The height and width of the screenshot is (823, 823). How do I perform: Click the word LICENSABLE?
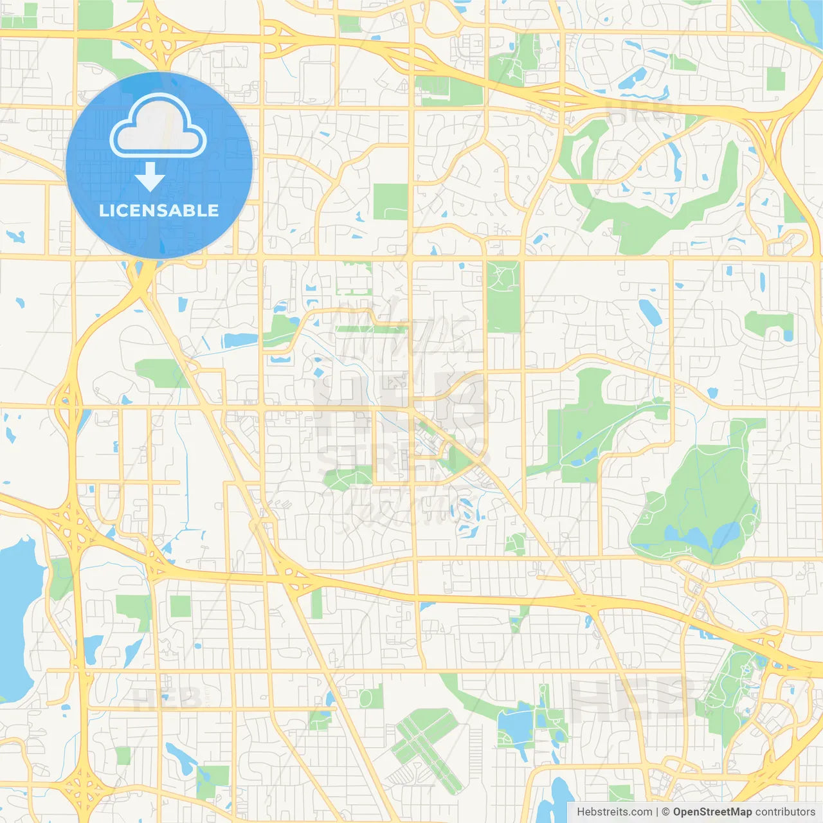click(159, 210)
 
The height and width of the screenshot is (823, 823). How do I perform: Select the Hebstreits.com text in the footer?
click(614, 812)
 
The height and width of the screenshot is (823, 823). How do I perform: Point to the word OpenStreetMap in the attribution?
click(712, 812)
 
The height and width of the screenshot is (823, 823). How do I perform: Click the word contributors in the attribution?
click(785, 812)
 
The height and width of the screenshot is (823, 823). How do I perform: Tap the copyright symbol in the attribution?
click(665, 812)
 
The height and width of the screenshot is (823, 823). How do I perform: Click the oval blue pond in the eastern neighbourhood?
click(649, 312)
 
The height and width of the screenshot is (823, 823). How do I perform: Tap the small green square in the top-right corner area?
click(776, 79)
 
